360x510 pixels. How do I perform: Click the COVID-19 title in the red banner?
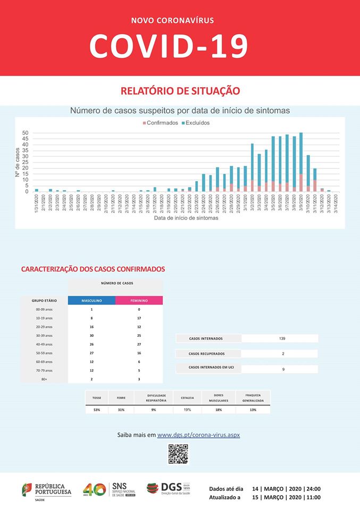(x=169, y=46)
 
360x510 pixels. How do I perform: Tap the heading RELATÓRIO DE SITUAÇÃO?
(x=180, y=91)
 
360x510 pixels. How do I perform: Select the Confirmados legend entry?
(x=161, y=123)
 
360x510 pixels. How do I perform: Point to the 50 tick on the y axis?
(x=25, y=133)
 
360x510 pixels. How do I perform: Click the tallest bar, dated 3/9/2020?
(x=301, y=162)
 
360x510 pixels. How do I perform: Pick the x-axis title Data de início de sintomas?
(x=186, y=218)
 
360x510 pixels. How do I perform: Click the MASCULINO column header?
(x=91, y=300)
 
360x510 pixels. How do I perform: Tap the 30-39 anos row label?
(x=44, y=335)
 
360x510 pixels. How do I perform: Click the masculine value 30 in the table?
(x=91, y=335)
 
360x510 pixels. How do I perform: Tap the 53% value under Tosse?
(x=97, y=410)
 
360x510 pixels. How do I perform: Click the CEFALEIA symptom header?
(x=187, y=397)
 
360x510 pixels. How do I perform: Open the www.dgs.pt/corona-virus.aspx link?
(x=198, y=435)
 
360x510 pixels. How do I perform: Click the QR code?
(x=179, y=454)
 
